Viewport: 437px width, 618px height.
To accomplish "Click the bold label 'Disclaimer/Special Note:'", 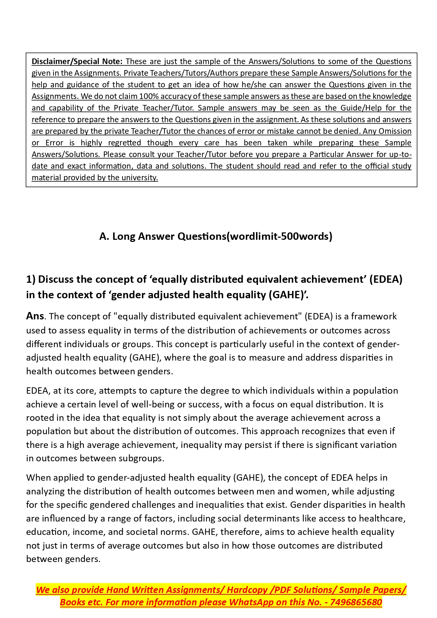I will tap(77, 61).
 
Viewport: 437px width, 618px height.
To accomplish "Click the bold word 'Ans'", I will tap(35, 316).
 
